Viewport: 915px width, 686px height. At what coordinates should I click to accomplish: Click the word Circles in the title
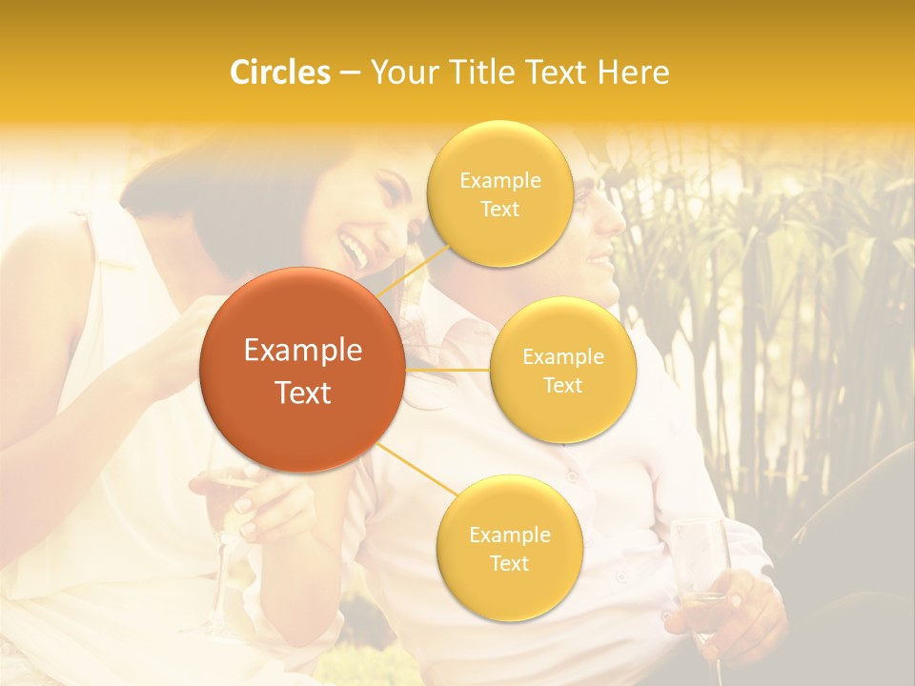point(280,72)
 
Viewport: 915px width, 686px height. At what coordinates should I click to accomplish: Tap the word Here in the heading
point(633,72)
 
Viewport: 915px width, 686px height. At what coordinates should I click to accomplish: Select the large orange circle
point(302,370)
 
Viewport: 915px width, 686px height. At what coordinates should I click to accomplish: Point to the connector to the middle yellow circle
point(447,370)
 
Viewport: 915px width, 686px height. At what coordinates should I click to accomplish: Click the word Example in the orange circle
point(302,351)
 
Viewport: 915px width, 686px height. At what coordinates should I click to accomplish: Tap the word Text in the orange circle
point(302,393)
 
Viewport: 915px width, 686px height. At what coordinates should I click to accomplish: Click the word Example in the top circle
point(499,181)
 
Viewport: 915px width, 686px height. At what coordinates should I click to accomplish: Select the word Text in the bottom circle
point(509,564)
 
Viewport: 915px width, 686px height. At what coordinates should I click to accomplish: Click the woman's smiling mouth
point(355,251)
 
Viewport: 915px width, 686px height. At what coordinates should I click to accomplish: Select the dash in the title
point(349,73)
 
